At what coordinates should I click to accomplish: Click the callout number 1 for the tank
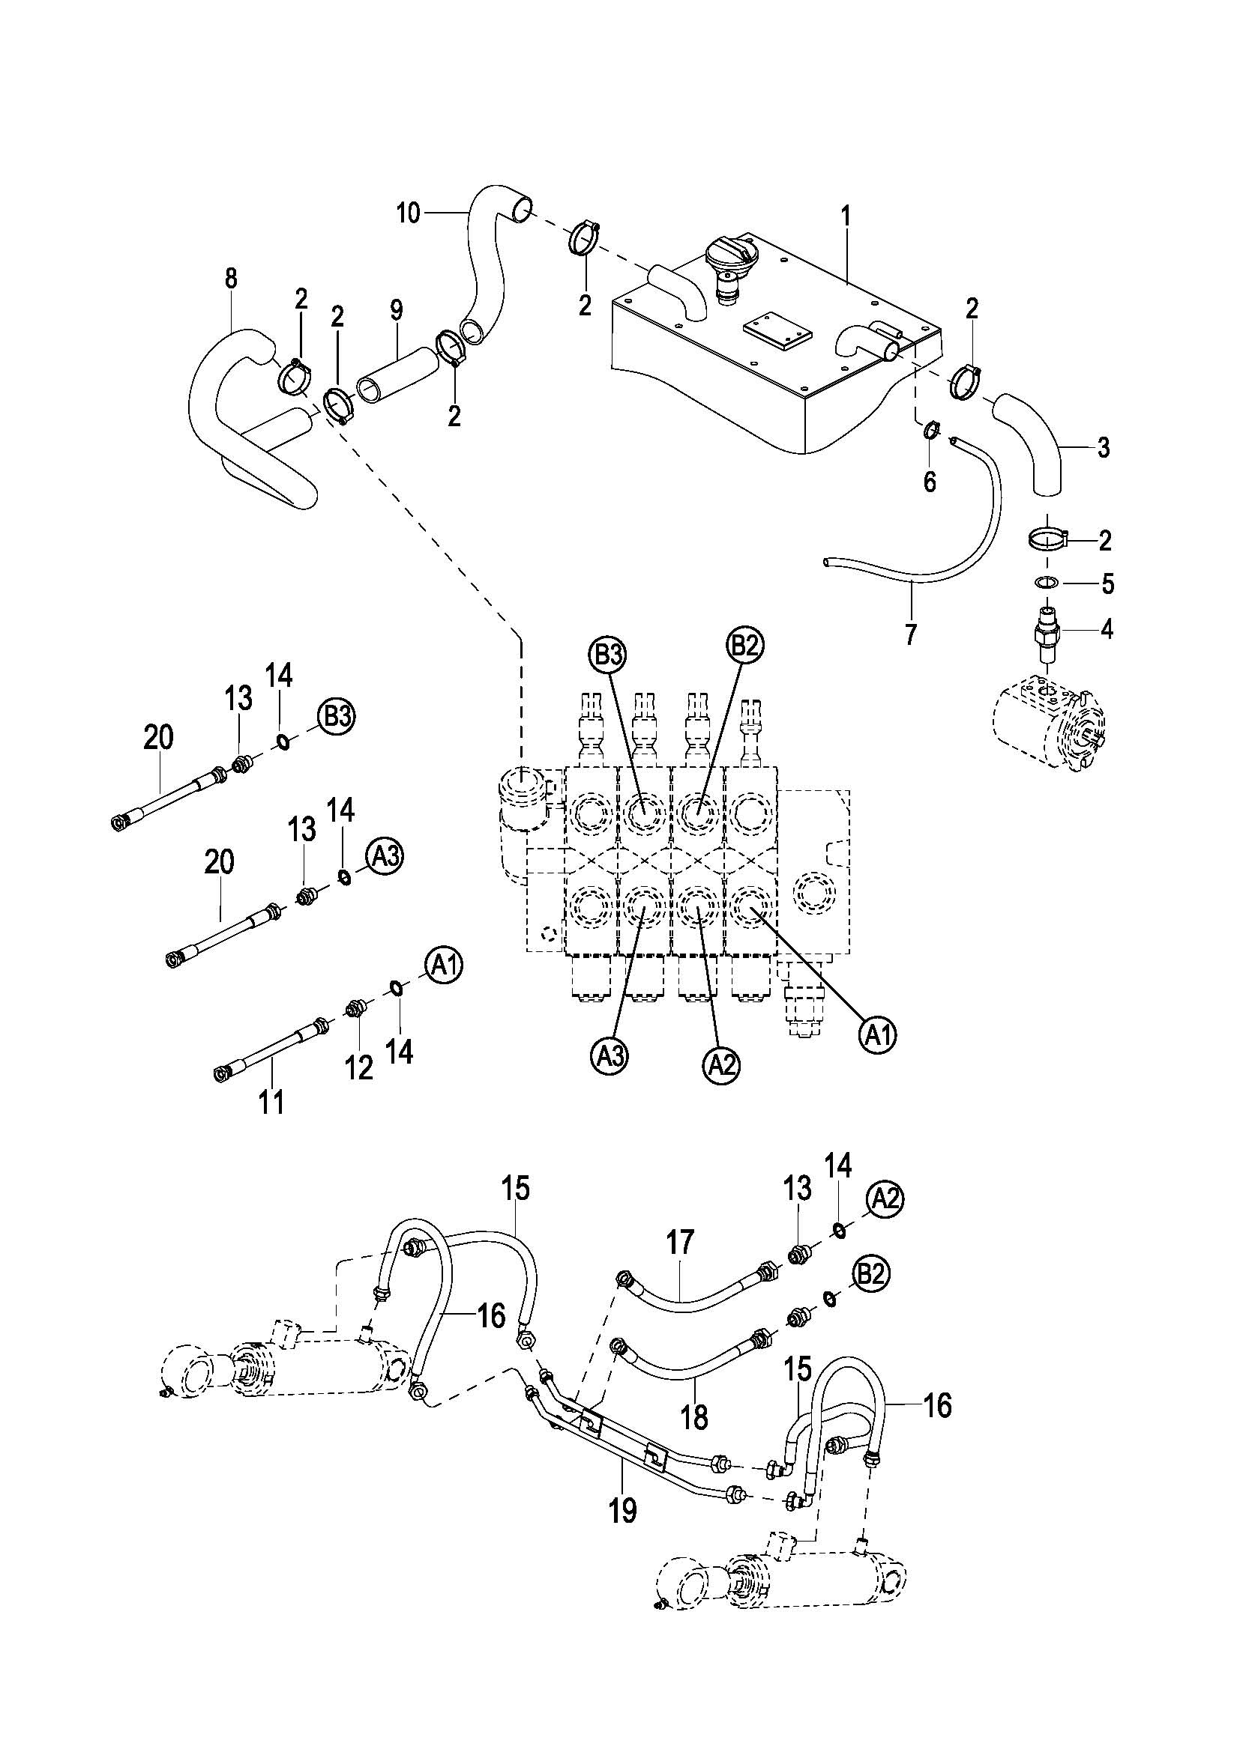coord(845,216)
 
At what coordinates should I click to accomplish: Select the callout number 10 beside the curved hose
coord(409,213)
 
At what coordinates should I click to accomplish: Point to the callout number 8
coord(231,278)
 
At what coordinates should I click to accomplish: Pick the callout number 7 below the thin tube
coord(910,634)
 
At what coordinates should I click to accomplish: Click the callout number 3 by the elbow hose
coord(1103,447)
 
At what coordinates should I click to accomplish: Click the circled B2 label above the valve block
coord(744,646)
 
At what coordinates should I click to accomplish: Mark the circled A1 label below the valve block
coord(877,1034)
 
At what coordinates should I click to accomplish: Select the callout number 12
coord(359,1067)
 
